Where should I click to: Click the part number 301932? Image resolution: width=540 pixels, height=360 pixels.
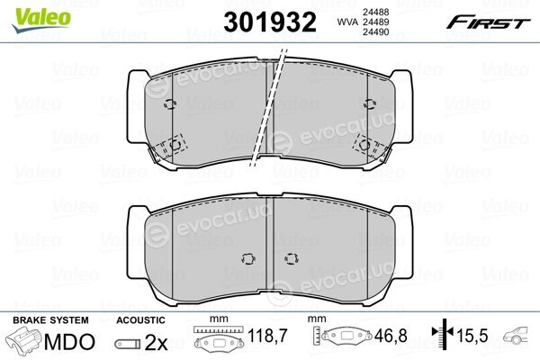coord(270,22)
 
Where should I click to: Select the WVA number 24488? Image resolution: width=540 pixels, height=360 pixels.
coord(375,12)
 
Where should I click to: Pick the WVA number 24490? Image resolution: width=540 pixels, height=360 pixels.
coord(375,32)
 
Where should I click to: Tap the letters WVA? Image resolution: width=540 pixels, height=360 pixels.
coord(347,22)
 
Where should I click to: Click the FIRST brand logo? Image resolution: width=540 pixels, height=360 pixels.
coord(488,22)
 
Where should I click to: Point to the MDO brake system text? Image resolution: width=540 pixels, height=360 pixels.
coord(69,342)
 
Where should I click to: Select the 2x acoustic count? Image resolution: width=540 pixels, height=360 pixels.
coord(156,342)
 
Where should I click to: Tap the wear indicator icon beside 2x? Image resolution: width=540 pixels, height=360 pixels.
coord(128,344)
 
